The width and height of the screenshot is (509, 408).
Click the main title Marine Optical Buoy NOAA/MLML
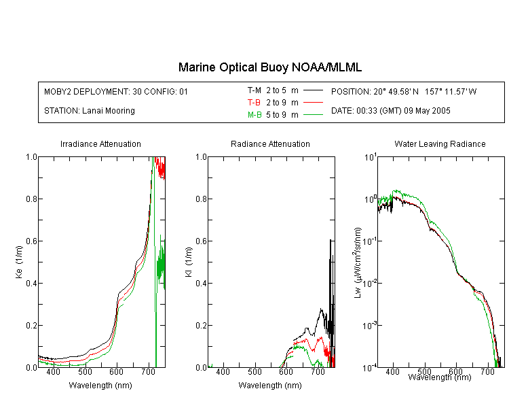(x=270, y=67)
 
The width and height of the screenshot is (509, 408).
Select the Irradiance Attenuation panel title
(x=100, y=143)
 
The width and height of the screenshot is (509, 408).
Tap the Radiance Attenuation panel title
(x=270, y=143)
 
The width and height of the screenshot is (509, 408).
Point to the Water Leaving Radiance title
(x=440, y=143)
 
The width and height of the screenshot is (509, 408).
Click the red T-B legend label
(x=254, y=103)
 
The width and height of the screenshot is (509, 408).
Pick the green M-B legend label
(x=254, y=115)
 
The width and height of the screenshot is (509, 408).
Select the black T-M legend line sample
(x=313, y=90)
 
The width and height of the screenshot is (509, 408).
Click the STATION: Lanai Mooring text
(x=90, y=111)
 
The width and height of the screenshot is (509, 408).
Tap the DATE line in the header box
(x=391, y=111)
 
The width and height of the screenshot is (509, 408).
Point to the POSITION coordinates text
(x=404, y=91)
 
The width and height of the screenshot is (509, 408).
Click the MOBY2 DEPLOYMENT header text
(x=116, y=91)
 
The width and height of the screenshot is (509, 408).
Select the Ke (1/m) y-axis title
(x=19, y=262)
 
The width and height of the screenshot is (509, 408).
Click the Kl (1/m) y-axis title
(x=189, y=262)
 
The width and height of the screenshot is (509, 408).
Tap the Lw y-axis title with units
(x=358, y=262)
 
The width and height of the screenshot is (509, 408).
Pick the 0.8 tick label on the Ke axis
(x=31, y=199)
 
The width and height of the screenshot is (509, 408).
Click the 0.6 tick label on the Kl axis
(x=201, y=241)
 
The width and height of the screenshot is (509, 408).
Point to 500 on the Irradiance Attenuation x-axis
(x=85, y=371)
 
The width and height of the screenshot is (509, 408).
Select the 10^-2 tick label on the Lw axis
(x=371, y=282)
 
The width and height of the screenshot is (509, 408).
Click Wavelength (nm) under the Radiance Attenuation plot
(x=270, y=386)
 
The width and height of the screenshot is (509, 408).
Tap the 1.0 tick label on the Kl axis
(x=201, y=157)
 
